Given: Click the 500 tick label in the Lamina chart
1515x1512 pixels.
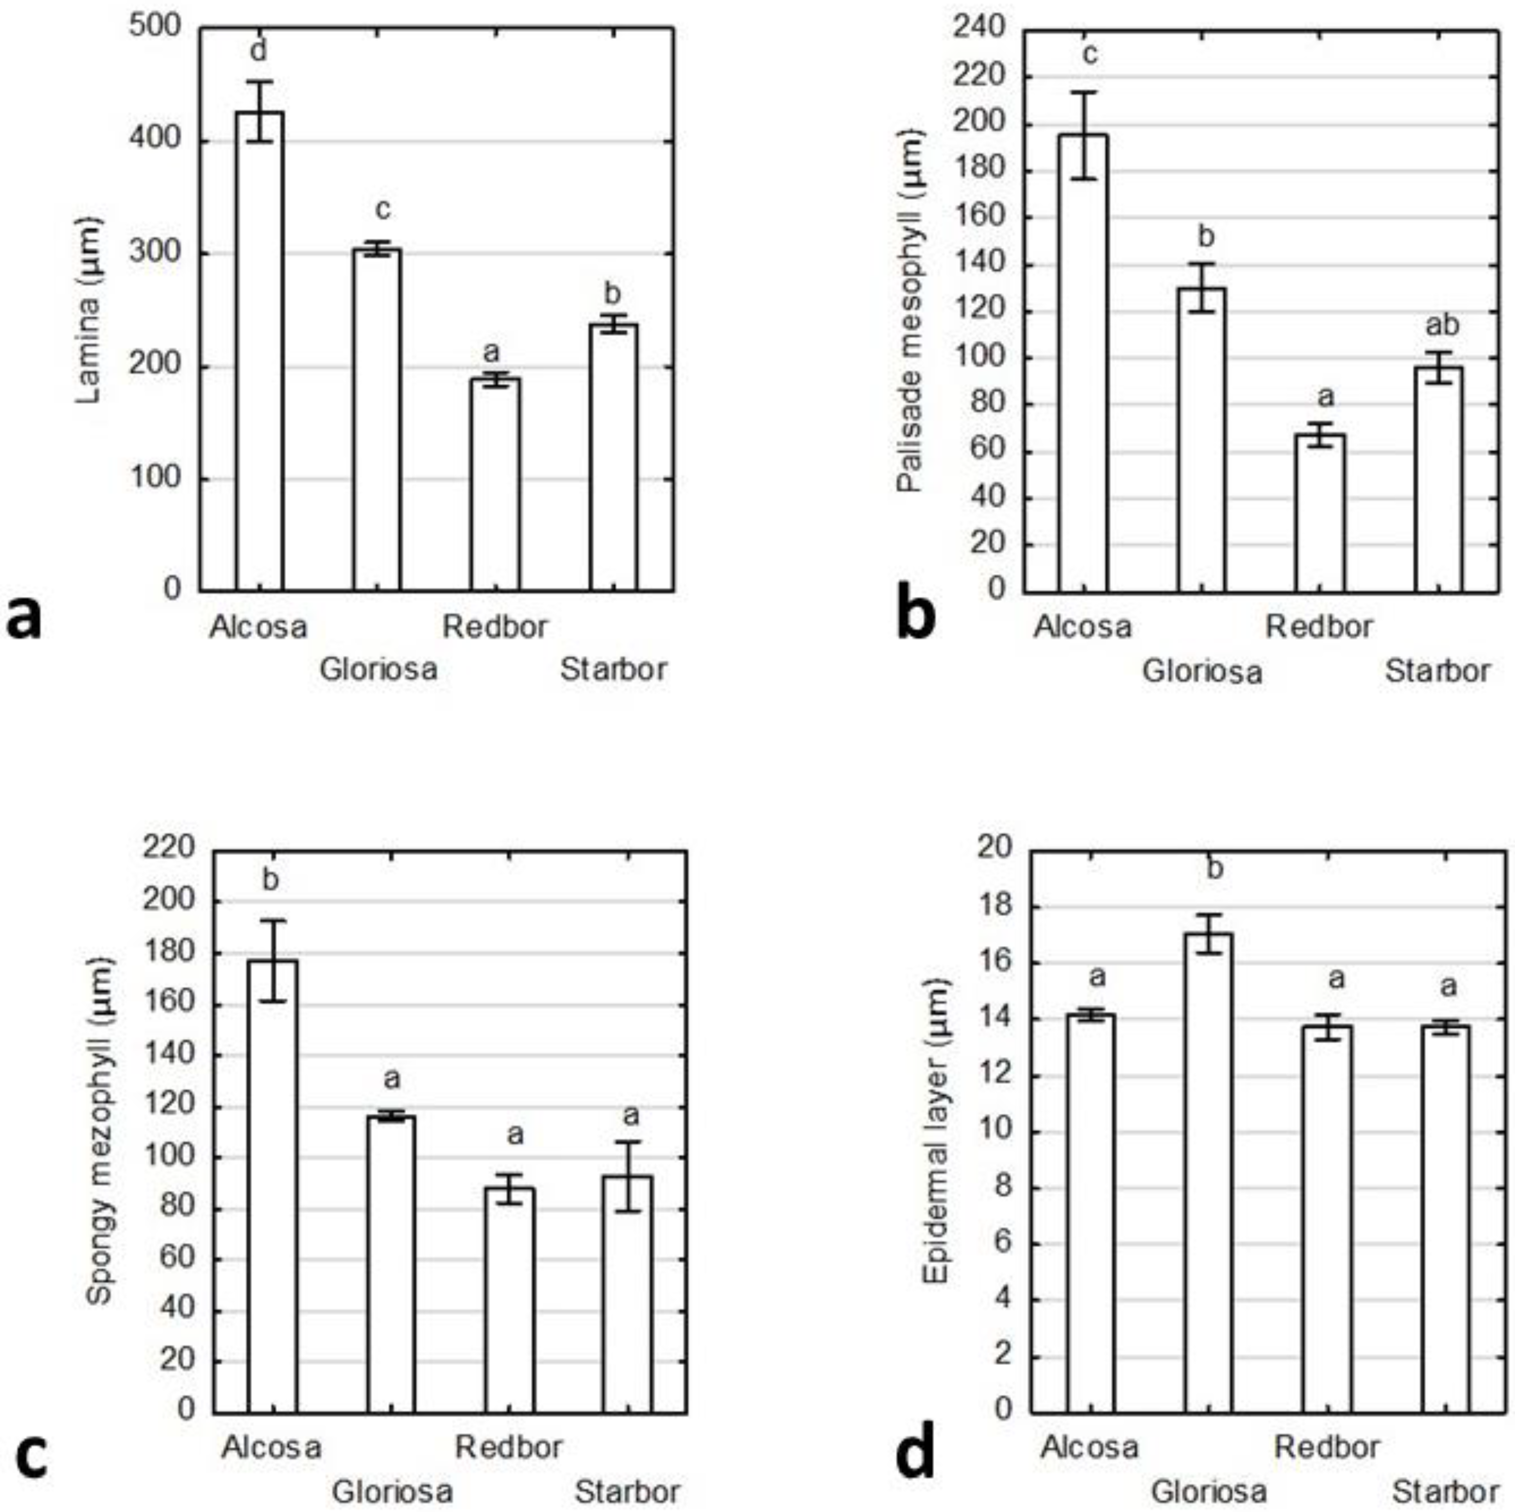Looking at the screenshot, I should click(x=155, y=27).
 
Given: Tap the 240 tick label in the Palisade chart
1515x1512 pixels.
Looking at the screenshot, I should click(x=979, y=29).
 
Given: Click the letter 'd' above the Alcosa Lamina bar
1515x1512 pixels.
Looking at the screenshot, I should click(x=258, y=51).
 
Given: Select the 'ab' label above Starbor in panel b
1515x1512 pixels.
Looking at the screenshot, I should click(x=1441, y=324).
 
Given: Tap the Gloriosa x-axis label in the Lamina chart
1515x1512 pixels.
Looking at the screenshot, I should click(x=378, y=669).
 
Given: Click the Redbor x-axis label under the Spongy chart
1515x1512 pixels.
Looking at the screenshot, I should click(x=508, y=1447).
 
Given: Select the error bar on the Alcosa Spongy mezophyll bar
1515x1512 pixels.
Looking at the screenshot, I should click(x=273, y=960).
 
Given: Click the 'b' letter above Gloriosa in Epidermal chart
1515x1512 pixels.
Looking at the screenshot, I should click(x=1214, y=868).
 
